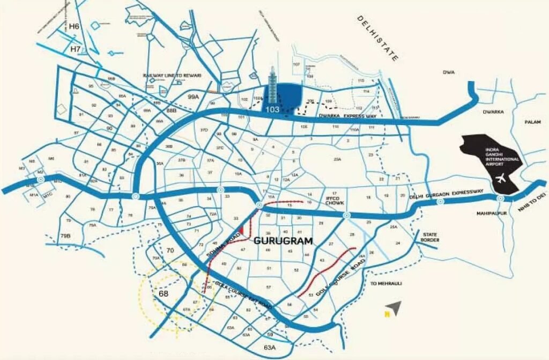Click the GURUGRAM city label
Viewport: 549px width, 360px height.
(283, 241)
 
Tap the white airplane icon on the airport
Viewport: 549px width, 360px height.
(501, 178)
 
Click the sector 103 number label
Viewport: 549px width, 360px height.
(272, 109)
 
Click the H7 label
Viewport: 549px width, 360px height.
(76, 49)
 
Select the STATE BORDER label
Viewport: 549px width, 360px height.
(431, 237)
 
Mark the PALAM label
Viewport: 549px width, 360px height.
(533, 122)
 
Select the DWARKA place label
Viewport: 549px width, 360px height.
(493, 112)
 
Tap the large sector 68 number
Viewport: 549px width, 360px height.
(164, 293)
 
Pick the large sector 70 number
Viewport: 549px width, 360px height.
(170, 250)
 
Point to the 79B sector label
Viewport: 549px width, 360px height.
(65, 236)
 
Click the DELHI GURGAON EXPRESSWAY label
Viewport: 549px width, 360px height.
(447, 194)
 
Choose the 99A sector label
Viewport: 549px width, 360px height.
(193, 97)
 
